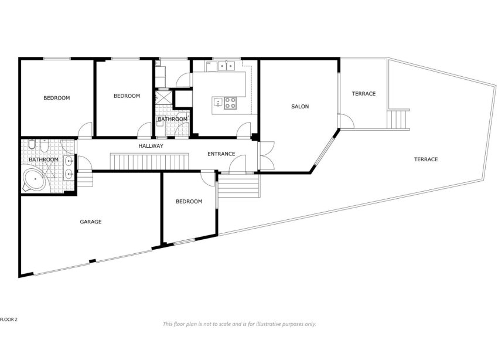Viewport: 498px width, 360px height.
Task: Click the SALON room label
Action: tap(300, 107)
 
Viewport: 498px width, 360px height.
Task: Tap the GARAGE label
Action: tap(91, 222)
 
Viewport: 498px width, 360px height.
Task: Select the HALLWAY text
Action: tap(151, 145)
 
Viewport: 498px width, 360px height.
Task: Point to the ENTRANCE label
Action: tap(221, 154)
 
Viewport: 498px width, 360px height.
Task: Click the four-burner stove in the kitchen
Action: tap(230, 103)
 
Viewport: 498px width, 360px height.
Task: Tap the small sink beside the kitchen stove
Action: tap(219, 103)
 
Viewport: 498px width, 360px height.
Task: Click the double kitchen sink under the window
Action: tap(226, 66)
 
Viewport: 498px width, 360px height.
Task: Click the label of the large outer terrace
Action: tap(426, 159)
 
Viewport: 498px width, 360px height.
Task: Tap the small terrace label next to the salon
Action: tap(363, 94)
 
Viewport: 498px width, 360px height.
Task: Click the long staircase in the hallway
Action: tap(151, 160)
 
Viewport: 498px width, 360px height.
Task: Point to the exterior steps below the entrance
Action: tap(238, 187)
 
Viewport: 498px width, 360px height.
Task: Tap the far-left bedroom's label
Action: tap(57, 98)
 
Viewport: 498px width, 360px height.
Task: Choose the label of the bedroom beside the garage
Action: tap(189, 201)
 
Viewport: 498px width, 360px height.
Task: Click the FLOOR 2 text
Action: tap(9, 320)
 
